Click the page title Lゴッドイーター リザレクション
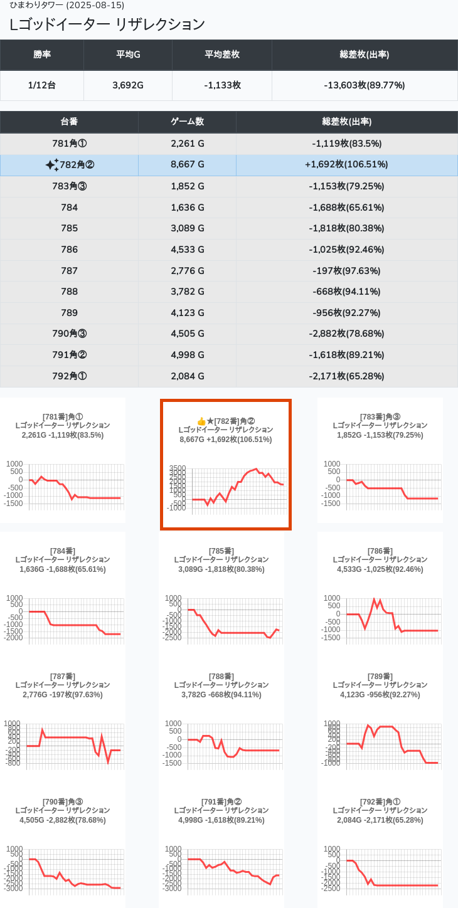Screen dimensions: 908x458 [107, 24]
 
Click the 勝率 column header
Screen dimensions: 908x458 [42, 55]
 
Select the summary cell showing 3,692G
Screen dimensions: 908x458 [128, 85]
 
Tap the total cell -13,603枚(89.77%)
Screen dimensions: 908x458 [365, 85]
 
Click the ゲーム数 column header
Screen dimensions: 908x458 [187, 122]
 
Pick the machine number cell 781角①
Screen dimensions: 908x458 [69, 144]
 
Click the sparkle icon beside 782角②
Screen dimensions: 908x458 [52, 165]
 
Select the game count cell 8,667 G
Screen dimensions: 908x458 [187, 165]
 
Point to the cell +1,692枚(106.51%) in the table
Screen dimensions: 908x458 [346, 165]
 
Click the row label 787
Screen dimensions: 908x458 [69, 271]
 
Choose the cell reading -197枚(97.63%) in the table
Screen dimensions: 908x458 [346, 271]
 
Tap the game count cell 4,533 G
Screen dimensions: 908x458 [187, 250]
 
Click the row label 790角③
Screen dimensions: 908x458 [69, 334]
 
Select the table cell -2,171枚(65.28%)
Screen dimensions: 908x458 [346, 376]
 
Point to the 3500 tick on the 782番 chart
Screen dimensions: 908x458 [178, 468]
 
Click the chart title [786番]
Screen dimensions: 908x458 [380, 551]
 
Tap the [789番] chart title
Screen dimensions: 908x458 [380, 676]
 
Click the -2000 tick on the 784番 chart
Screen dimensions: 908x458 [14, 638]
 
